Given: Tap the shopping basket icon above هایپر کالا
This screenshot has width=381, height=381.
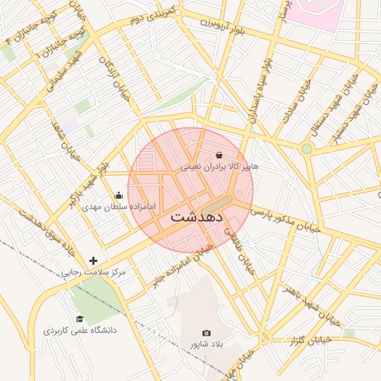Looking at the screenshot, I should [219, 154].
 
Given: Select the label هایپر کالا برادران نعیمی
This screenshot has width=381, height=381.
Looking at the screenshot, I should [219, 167].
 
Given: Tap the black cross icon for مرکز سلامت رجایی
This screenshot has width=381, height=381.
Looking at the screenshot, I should [93, 260].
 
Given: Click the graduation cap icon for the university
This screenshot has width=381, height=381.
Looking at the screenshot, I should [80, 319].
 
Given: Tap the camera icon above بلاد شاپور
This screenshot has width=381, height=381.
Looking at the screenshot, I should [207, 333].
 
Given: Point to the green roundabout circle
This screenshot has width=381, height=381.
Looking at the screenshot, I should [307, 149].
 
